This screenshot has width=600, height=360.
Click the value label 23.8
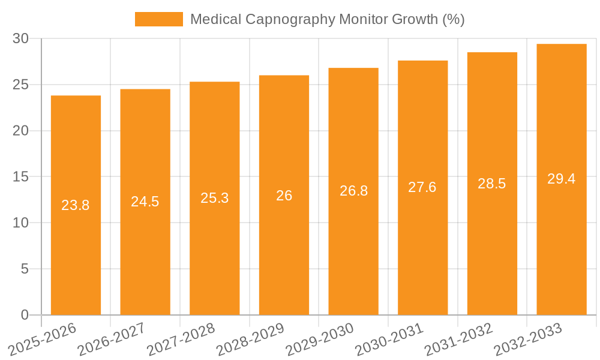[x=76, y=205]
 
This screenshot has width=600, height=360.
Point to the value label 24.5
[x=145, y=202]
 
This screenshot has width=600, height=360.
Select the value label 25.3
[x=214, y=198]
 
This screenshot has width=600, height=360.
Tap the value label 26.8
[x=353, y=191]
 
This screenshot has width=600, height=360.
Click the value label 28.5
[x=492, y=184]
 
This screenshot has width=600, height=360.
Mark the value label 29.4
[x=561, y=179]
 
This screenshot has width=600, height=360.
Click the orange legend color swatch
[x=159, y=19]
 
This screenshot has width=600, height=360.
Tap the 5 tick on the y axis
[x=25, y=269]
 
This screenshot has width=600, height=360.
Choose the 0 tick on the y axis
[x=25, y=315]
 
